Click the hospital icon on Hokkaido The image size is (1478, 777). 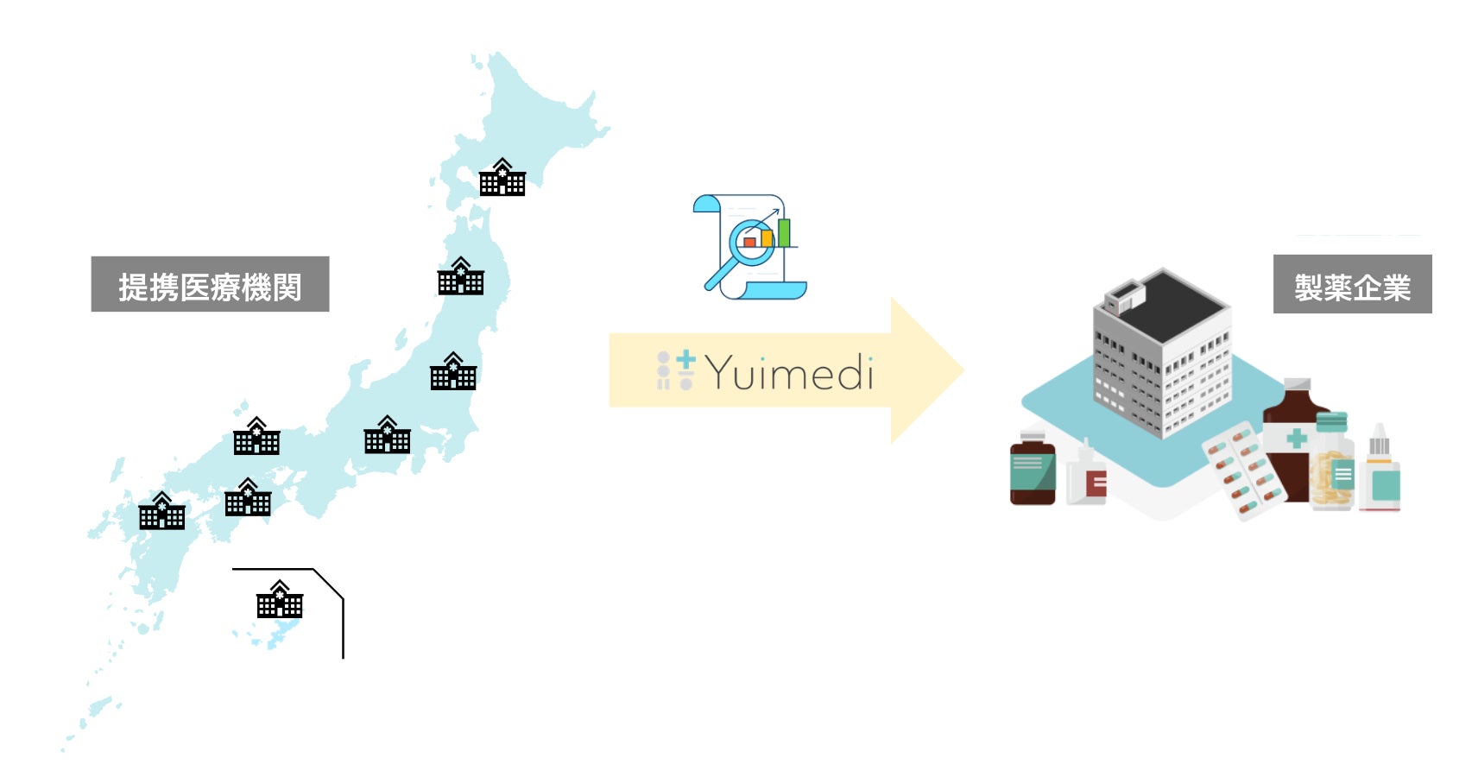click(x=502, y=178)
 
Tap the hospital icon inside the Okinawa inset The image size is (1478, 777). click(x=280, y=600)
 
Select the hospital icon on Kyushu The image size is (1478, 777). click(x=162, y=511)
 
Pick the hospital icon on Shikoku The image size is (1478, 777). click(x=248, y=498)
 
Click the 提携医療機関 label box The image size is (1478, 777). click(x=210, y=284)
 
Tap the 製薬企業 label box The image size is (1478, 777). click(x=1352, y=284)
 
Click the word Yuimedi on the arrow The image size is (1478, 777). click(x=789, y=373)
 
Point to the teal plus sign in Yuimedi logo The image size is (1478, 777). click(x=685, y=358)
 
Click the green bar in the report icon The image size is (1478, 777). click(x=784, y=232)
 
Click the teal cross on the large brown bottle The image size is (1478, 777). click(x=1296, y=439)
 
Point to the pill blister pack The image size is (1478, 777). click(x=1244, y=471)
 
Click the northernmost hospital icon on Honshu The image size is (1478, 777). click(x=461, y=277)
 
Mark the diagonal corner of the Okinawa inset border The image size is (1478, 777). click(x=328, y=583)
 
